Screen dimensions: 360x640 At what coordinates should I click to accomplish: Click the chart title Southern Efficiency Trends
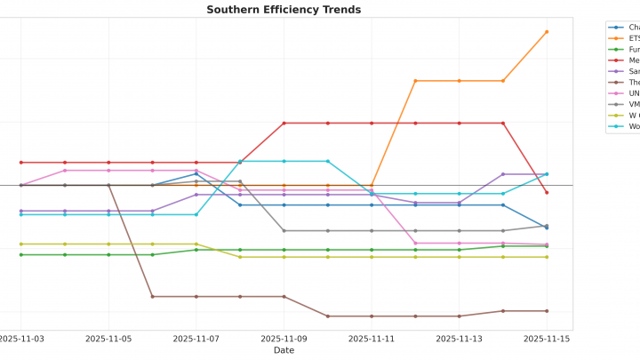[284, 10]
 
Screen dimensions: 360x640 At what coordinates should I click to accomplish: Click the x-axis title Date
[284, 350]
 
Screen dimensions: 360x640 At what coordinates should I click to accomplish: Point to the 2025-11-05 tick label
[108, 339]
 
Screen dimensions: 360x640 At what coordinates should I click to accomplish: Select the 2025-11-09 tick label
[284, 339]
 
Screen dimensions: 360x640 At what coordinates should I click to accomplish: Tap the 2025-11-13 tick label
[459, 339]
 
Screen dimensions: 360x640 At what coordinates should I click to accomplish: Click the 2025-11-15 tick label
[546, 339]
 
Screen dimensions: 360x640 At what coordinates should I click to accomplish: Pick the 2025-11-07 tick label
[196, 339]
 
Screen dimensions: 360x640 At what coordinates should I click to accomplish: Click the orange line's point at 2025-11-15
[547, 32]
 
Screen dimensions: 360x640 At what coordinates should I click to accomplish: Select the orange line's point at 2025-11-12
[415, 81]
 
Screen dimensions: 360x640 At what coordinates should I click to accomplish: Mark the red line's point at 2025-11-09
[284, 124]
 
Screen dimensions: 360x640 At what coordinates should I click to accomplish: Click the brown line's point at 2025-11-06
[152, 297]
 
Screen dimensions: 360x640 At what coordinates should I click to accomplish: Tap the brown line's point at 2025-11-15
[547, 311]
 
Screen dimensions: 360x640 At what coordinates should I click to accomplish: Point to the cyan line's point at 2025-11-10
[327, 161]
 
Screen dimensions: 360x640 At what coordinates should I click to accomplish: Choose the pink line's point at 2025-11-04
[65, 170]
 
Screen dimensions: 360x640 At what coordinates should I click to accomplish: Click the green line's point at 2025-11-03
[20, 255]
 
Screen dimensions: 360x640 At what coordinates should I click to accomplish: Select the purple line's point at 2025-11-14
[503, 174]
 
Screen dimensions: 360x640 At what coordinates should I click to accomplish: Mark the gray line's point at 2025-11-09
[284, 231]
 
